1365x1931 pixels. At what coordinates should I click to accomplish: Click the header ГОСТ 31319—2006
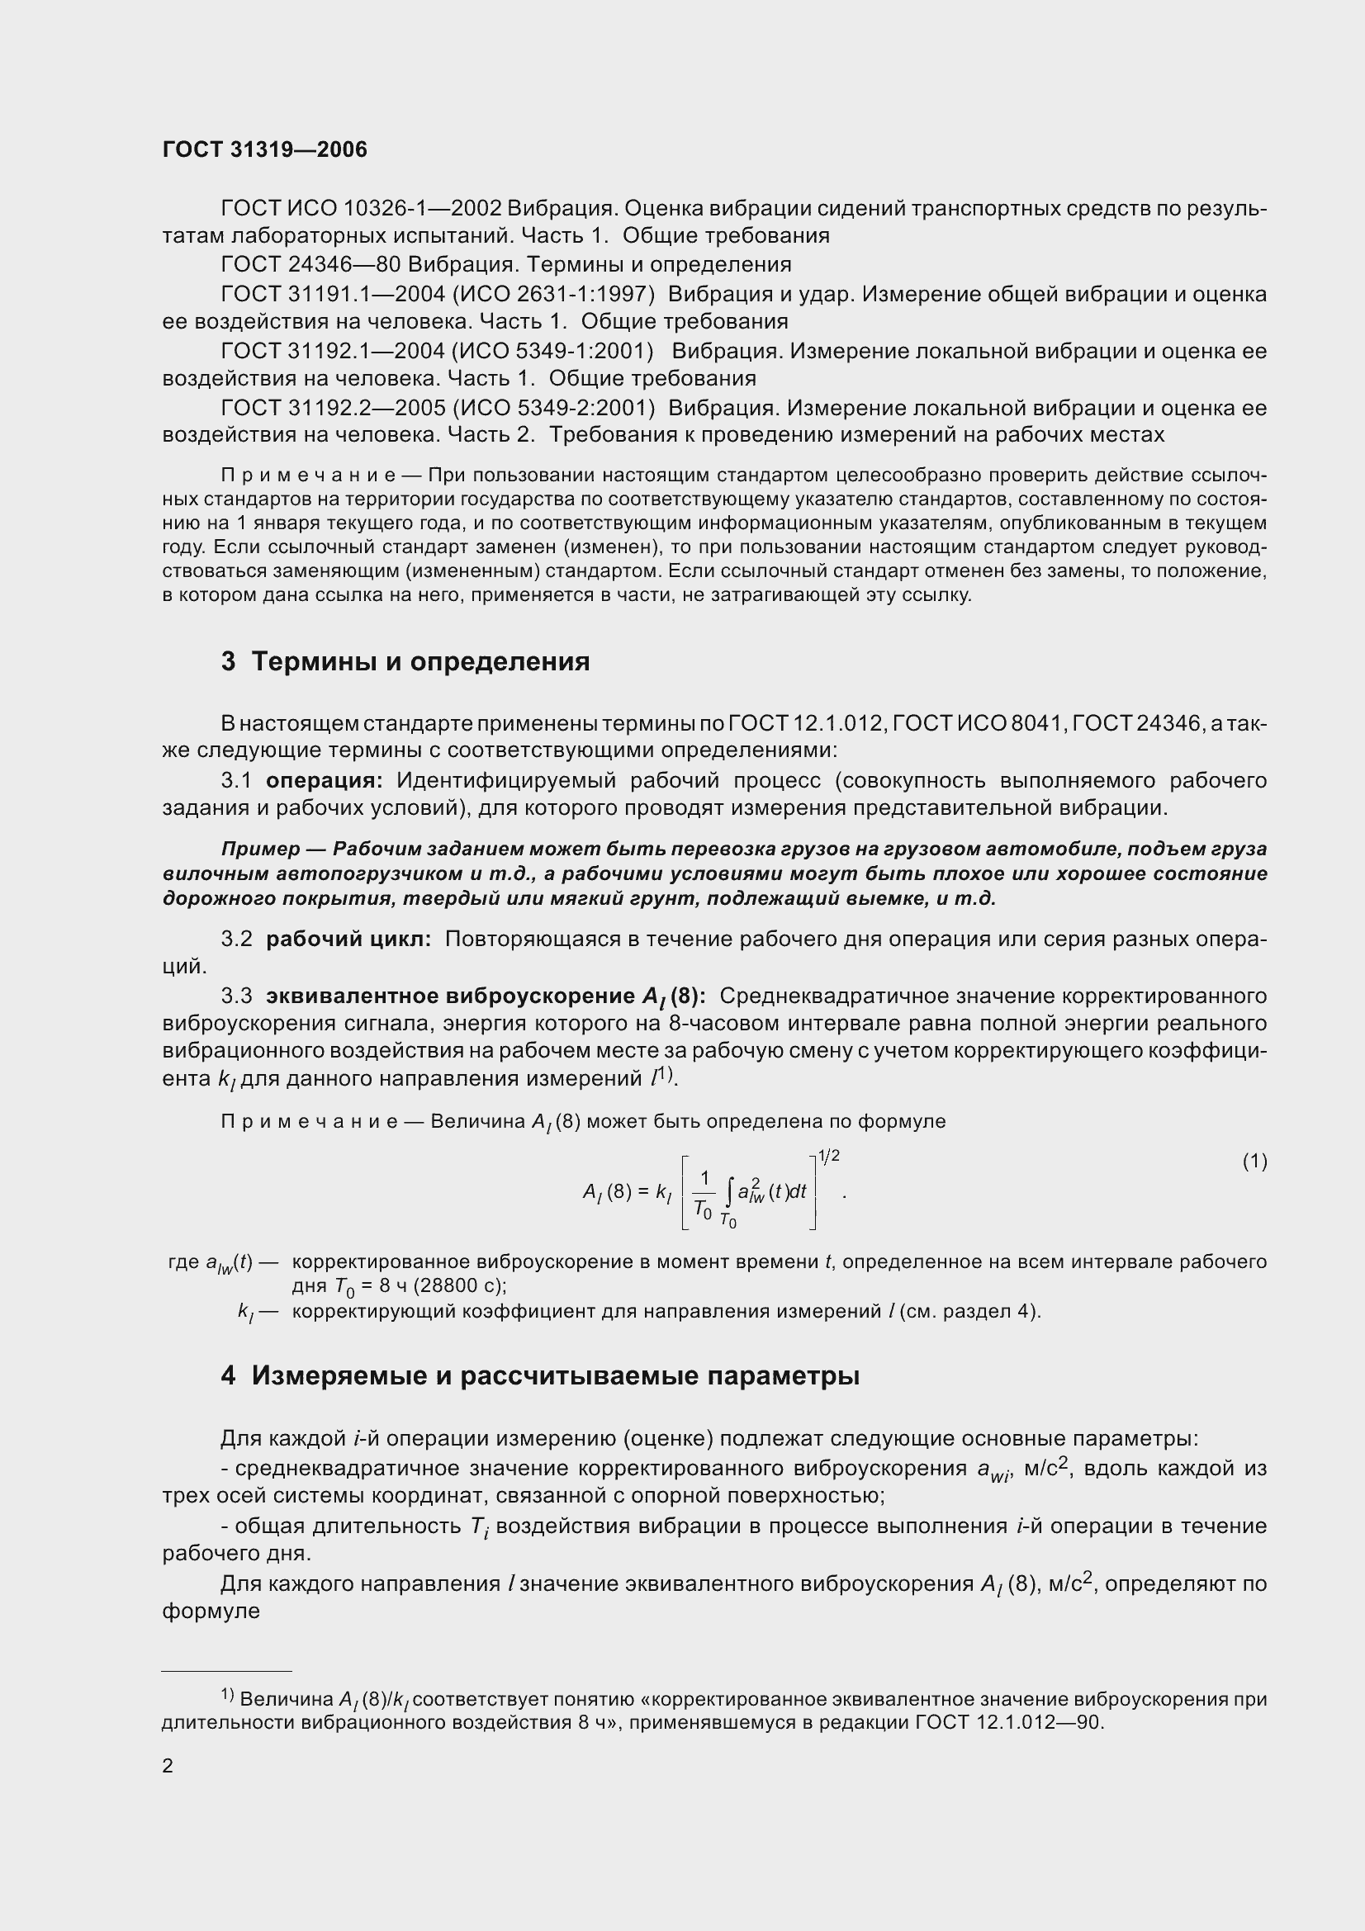[x=265, y=150]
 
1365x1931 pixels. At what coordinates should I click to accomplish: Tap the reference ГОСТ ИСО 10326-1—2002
[x=361, y=208]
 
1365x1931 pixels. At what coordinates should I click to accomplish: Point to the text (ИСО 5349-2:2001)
[x=553, y=408]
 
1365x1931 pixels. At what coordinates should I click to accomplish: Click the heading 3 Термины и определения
[x=405, y=662]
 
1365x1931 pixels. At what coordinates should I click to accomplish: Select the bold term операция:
[x=324, y=780]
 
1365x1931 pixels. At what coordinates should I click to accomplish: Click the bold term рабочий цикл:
[x=348, y=939]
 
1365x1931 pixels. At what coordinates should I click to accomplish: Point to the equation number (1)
[x=1254, y=1162]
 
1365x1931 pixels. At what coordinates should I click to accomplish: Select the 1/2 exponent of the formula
[x=828, y=1157]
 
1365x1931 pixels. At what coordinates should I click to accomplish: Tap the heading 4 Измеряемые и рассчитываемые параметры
[x=540, y=1376]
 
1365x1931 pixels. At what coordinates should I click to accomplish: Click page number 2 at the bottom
[x=168, y=1765]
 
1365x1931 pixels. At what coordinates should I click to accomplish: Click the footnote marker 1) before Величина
[x=227, y=1695]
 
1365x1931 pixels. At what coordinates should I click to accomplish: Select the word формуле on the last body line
[x=211, y=1612]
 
